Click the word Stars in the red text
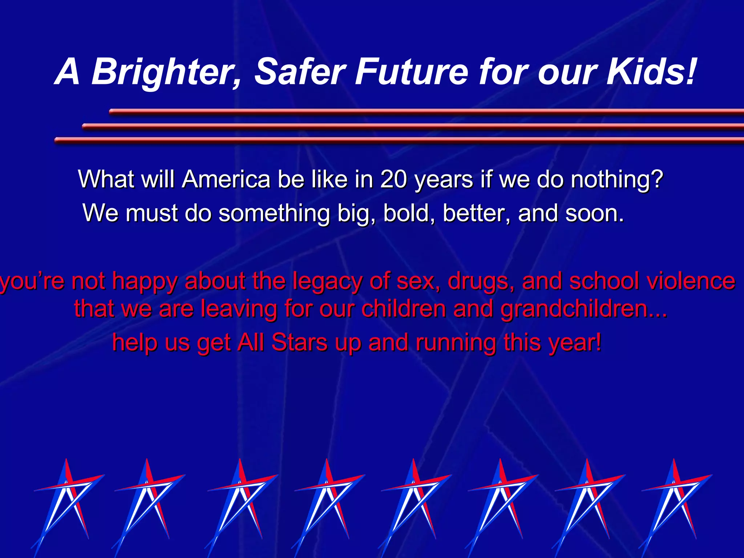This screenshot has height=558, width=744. click(x=299, y=342)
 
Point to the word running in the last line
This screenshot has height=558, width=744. click(x=456, y=343)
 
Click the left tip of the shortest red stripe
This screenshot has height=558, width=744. click(x=111, y=112)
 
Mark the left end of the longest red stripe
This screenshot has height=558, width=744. click(x=57, y=140)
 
